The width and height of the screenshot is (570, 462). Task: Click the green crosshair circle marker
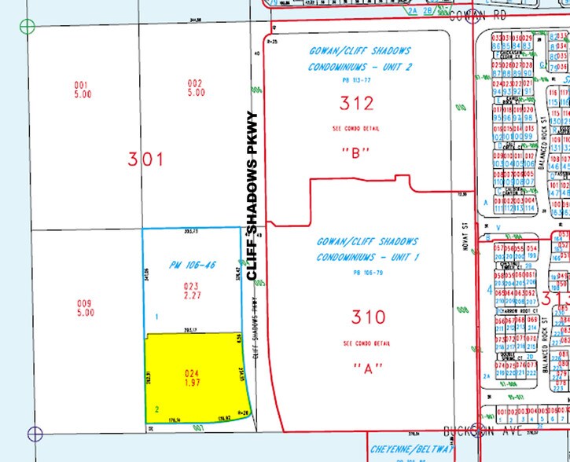coord(28,27)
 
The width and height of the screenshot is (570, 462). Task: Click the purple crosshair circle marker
coord(35,432)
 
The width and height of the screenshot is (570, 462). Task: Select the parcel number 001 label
coord(80,87)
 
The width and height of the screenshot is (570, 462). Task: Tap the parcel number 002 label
coord(196,87)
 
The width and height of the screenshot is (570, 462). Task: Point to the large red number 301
coord(146,159)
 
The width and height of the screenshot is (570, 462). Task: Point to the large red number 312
coord(356,102)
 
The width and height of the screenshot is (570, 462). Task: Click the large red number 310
coord(368,317)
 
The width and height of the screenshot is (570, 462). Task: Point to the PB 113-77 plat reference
coord(356,80)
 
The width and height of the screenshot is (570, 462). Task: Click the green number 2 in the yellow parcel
coord(158,409)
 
